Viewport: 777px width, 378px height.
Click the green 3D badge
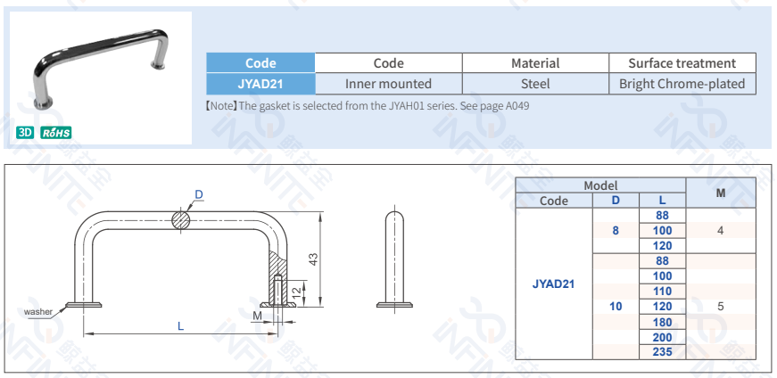coord(25,133)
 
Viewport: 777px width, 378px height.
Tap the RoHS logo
coord(55,133)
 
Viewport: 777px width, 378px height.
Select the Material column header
coord(535,63)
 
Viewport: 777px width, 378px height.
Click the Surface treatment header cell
coord(682,63)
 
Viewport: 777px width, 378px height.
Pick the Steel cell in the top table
coord(535,84)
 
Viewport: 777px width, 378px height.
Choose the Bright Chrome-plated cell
coord(682,84)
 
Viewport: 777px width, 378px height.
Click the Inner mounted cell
coord(388,84)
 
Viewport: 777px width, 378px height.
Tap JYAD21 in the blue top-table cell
coord(260,84)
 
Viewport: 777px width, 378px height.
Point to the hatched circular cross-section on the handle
coord(182,219)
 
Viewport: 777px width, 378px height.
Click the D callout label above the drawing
coord(199,194)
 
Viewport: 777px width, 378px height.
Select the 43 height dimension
coord(313,259)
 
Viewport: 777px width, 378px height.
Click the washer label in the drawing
coord(38,312)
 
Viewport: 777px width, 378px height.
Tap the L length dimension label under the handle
coord(180,327)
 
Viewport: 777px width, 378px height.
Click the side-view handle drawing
coord(394,259)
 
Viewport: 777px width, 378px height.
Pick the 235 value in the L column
coord(662,352)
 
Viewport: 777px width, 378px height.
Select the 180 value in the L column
coord(662,322)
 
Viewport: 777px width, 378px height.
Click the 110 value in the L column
coord(662,292)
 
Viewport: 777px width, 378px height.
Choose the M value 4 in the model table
coord(719,231)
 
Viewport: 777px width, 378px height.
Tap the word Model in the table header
coord(600,185)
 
